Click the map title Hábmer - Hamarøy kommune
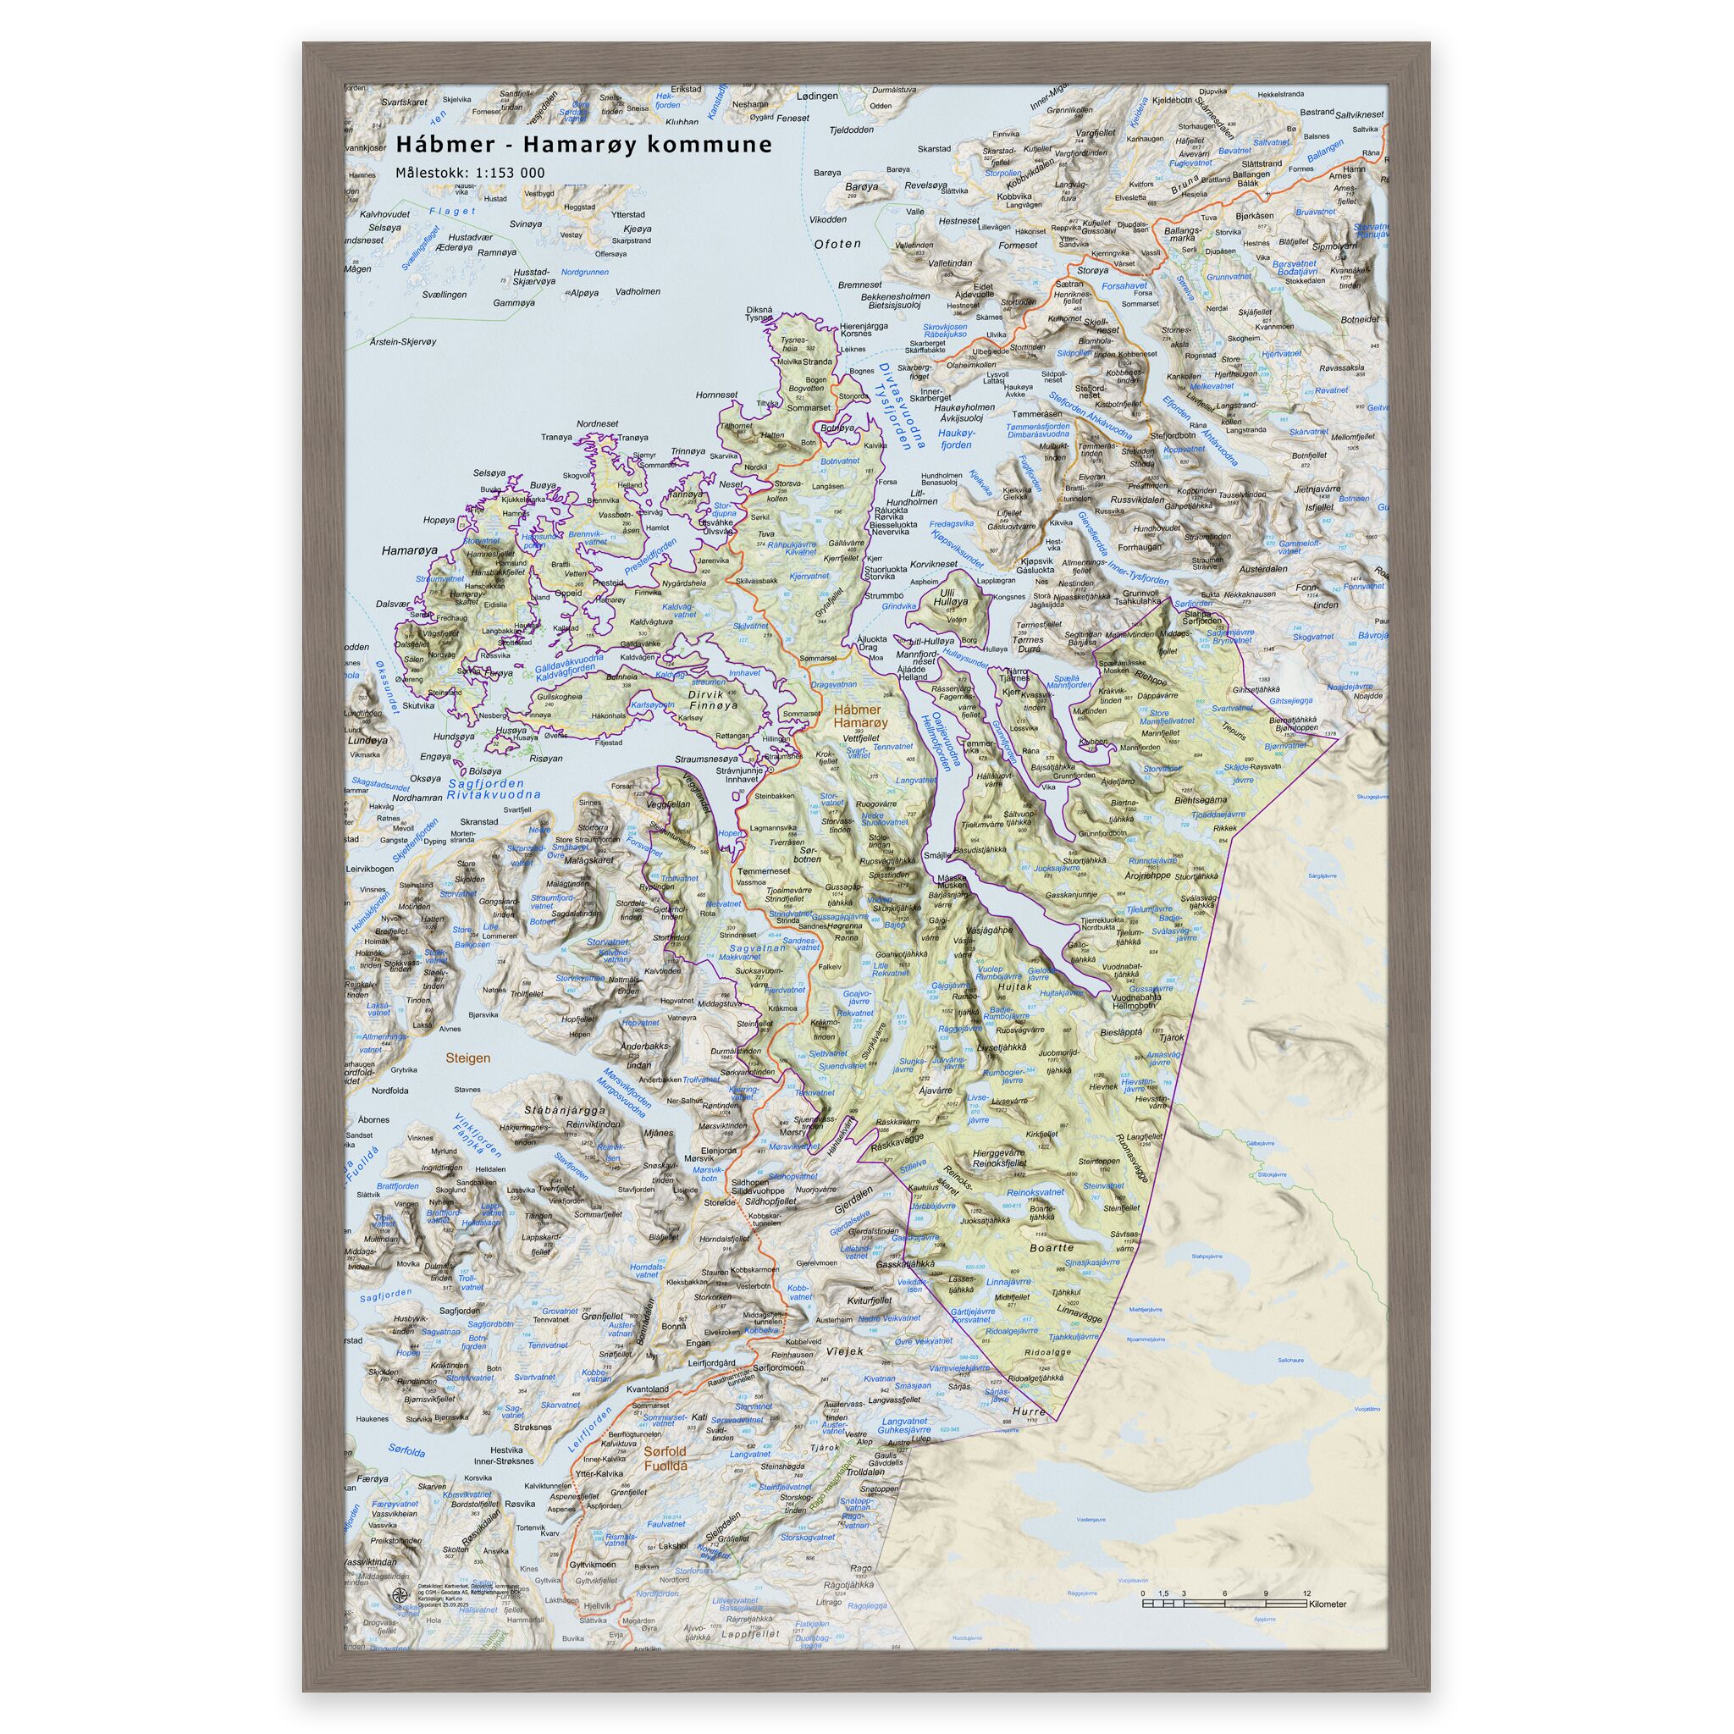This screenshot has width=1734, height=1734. coord(584,145)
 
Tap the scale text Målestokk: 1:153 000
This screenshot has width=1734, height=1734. coord(469,174)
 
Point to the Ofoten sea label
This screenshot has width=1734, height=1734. coord(837,244)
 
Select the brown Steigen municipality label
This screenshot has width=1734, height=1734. coord(468,1058)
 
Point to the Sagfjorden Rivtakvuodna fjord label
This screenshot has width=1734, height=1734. coord(494,789)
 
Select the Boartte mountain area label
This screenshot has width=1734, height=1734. coord(1052,1247)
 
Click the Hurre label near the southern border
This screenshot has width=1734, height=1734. coord(1029,1411)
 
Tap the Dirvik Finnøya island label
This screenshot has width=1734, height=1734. coord(712,699)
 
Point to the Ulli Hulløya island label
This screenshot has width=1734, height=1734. coord(950,598)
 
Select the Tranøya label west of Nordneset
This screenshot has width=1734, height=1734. coord(556,437)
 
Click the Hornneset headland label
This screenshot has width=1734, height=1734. coord(716,394)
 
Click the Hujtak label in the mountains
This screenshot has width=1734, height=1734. coord(1015,986)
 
